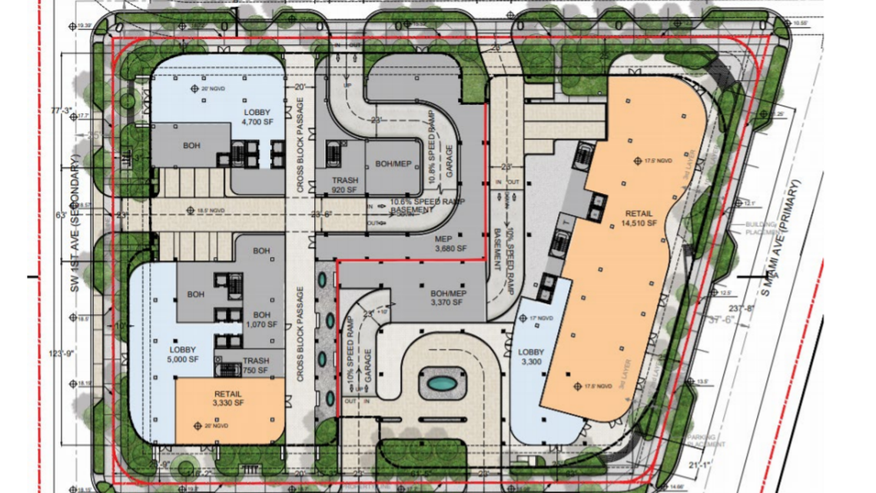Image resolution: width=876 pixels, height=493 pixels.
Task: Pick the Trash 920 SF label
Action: [x=345, y=185]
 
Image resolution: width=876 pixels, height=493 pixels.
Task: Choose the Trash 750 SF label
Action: [x=255, y=366]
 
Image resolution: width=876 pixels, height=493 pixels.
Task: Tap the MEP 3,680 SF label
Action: [x=450, y=244]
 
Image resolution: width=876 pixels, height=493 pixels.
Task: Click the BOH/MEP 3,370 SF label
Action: [x=446, y=298]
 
